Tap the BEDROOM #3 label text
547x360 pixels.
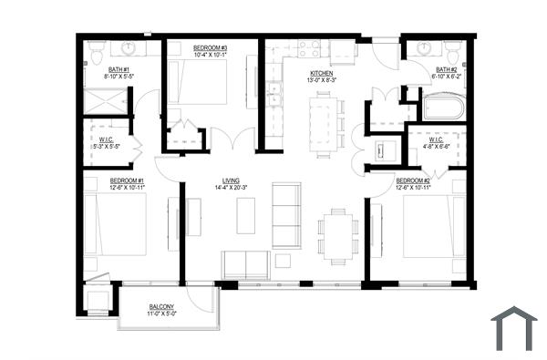tap(211, 47)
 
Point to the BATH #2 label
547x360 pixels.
tap(446, 68)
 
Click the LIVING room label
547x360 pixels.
tap(231, 180)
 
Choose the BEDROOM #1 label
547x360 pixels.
tap(128, 180)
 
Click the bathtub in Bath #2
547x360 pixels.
tap(444, 108)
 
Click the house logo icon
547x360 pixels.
tap(514, 329)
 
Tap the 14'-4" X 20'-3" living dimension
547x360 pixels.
tap(231, 189)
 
